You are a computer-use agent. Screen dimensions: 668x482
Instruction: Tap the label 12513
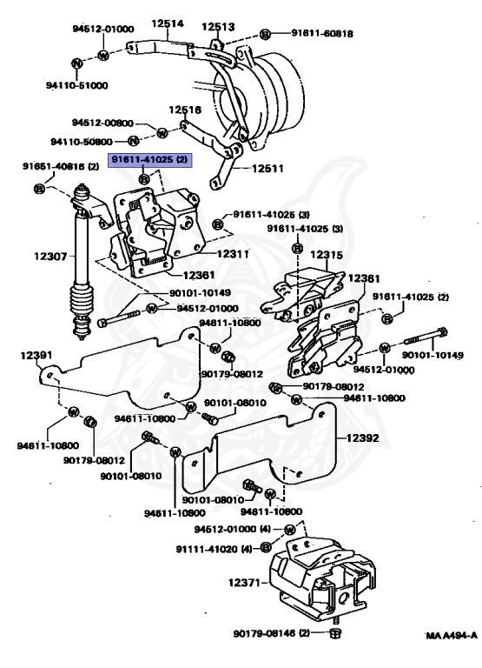218,26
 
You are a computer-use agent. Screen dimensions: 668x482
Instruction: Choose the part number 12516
184,110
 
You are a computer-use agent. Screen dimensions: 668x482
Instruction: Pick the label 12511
268,169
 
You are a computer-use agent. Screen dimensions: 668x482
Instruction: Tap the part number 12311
233,254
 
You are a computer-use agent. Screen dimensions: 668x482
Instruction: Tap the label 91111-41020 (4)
206,549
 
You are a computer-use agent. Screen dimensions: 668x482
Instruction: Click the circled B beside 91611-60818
265,34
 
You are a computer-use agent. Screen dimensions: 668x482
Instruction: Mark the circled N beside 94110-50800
134,141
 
